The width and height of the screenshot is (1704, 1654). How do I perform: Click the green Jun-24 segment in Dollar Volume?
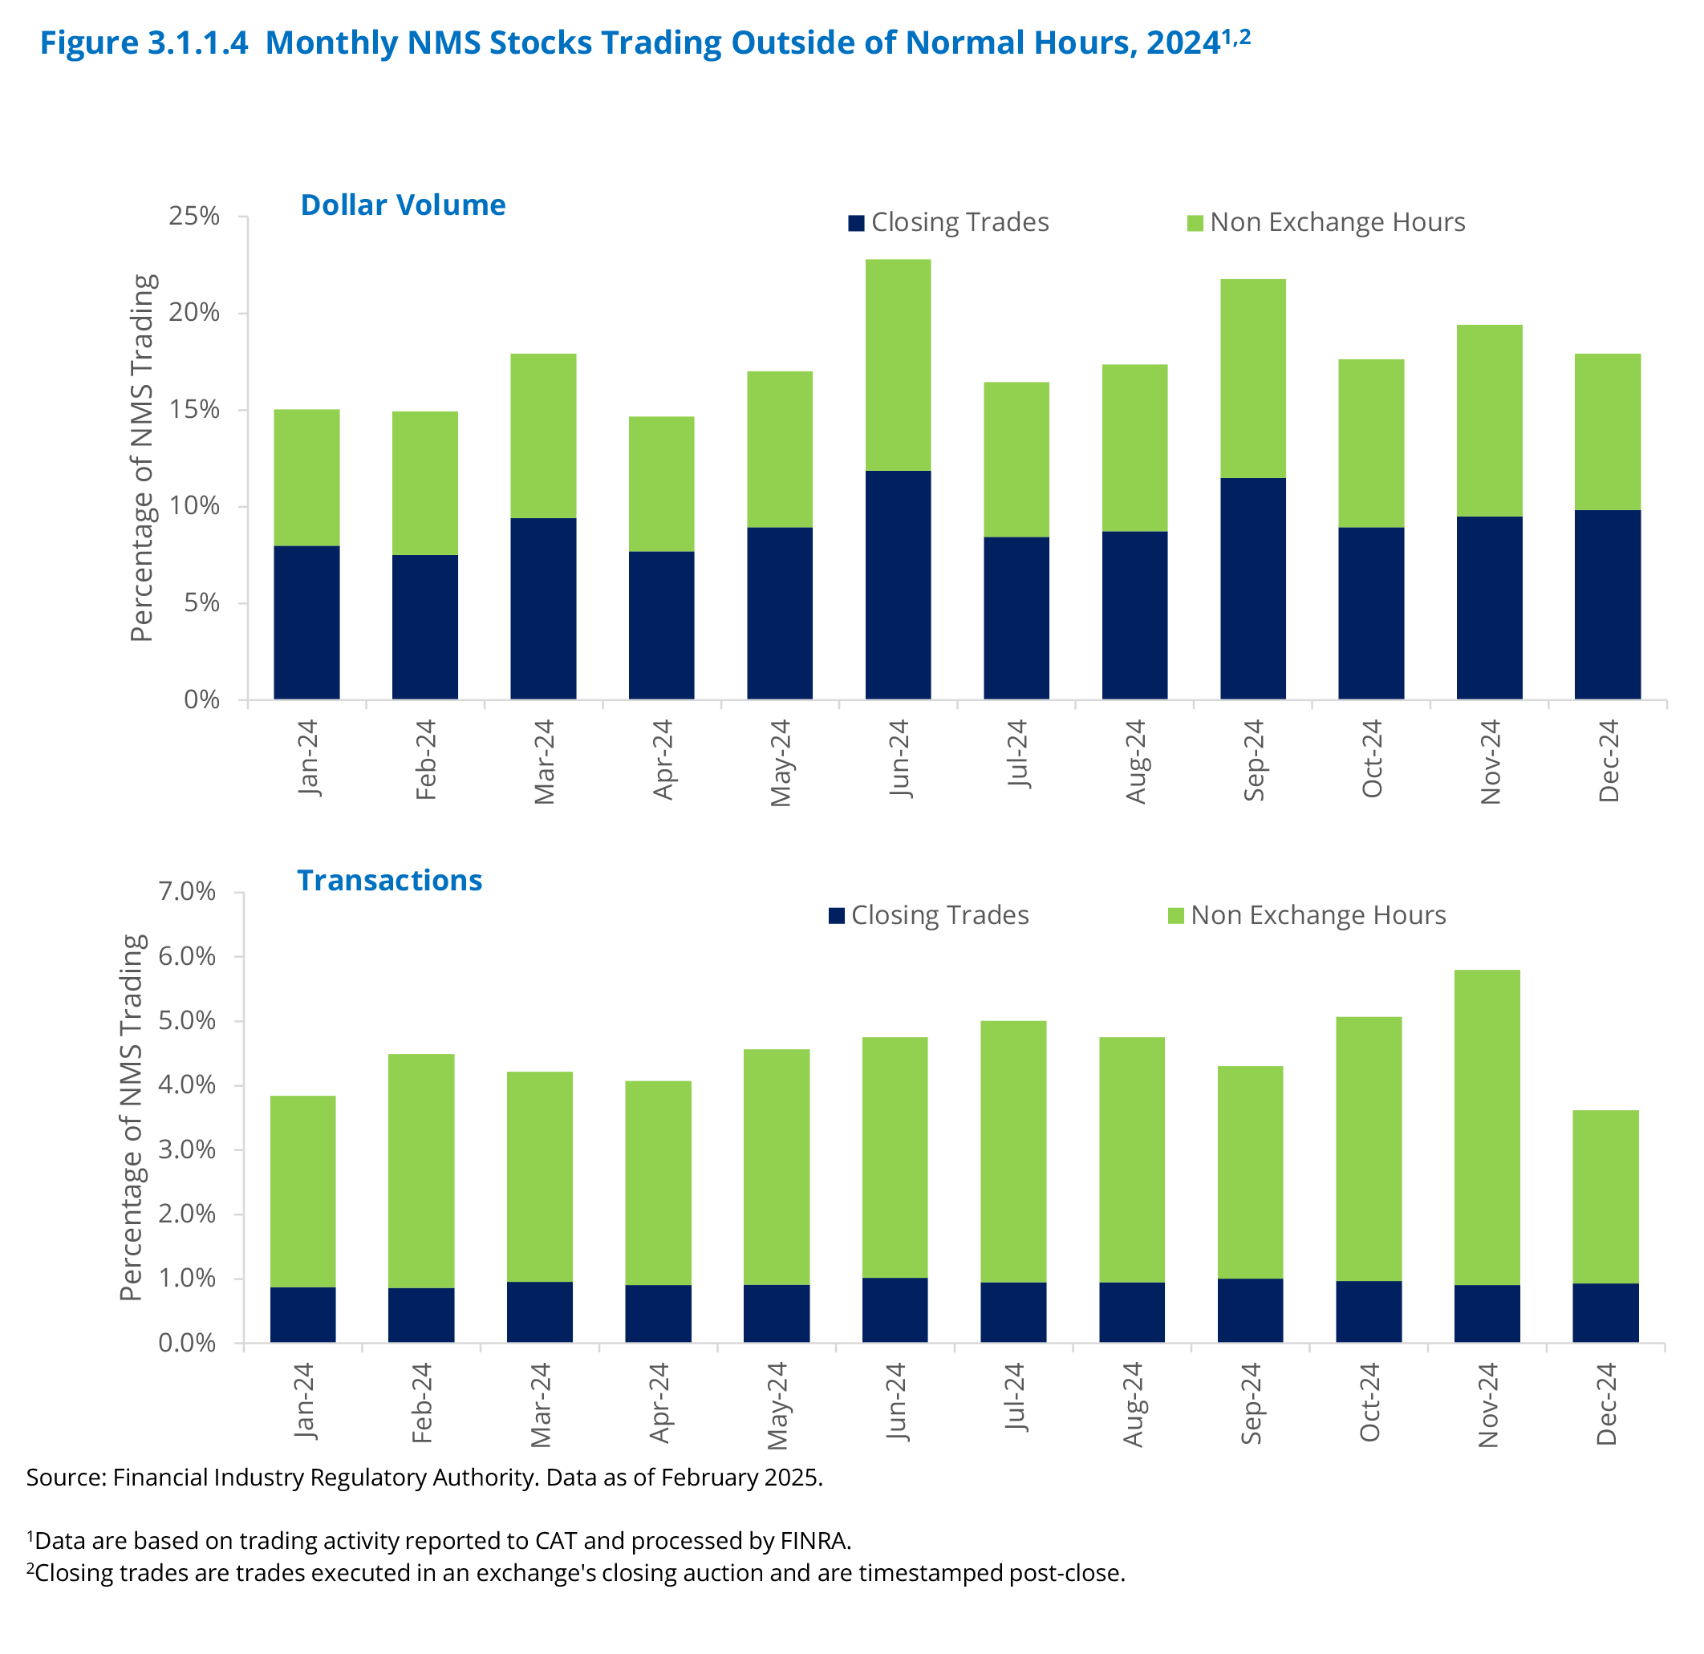(x=897, y=365)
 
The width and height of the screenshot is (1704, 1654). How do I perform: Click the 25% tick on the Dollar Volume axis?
(x=195, y=217)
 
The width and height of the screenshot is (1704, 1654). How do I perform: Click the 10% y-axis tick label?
(x=195, y=506)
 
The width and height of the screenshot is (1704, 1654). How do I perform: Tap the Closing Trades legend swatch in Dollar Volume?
(x=856, y=223)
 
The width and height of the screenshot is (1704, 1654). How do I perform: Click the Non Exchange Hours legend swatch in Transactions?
(x=1175, y=916)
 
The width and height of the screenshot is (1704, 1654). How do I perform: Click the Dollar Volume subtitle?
(x=403, y=205)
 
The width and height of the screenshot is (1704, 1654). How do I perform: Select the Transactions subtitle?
(x=389, y=881)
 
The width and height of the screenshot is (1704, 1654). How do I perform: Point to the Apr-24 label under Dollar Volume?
(x=663, y=760)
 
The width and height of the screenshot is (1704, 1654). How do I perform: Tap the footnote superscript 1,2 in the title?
(x=1236, y=37)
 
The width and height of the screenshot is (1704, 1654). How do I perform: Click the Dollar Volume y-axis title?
(x=142, y=458)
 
